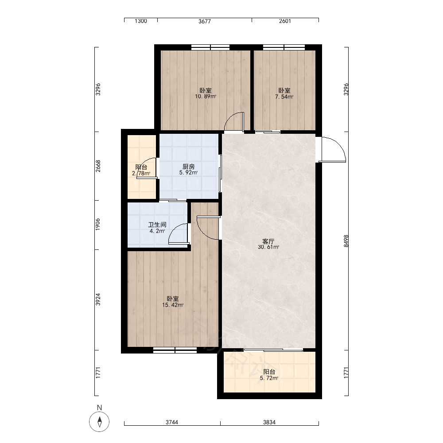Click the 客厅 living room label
(268, 241)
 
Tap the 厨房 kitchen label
(188, 167)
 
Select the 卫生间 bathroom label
(157, 225)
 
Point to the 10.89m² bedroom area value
(206, 97)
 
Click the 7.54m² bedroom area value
(284, 97)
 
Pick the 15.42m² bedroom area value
(173, 305)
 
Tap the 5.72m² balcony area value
(269, 378)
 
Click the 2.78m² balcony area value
(141, 174)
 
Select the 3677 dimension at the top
(205, 21)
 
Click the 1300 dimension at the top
(141, 21)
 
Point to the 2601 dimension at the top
(285, 21)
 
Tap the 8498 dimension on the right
(346, 241)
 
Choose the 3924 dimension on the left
(98, 299)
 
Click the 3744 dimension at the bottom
(172, 422)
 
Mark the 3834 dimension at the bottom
(269, 422)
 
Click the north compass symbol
(99, 422)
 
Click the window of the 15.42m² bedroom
(175, 350)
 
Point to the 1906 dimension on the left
(98, 224)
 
